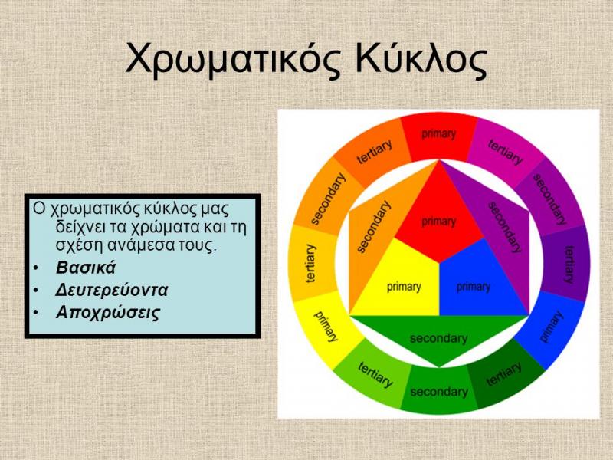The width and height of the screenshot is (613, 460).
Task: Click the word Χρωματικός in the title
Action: click(234, 60)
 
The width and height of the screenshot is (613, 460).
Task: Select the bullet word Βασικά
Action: click(86, 268)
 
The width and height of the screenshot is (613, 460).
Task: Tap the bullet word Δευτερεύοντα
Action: click(112, 290)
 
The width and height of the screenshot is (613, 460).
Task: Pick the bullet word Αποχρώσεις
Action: click(108, 313)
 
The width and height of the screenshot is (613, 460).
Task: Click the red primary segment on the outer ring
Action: click(439, 137)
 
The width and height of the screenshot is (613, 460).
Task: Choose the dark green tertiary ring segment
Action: click(504, 375)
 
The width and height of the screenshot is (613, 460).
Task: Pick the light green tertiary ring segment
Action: click(374, 375)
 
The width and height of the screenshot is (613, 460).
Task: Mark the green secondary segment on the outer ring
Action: click(439, 390)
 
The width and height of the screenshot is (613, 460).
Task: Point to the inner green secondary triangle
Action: click(439, 336)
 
